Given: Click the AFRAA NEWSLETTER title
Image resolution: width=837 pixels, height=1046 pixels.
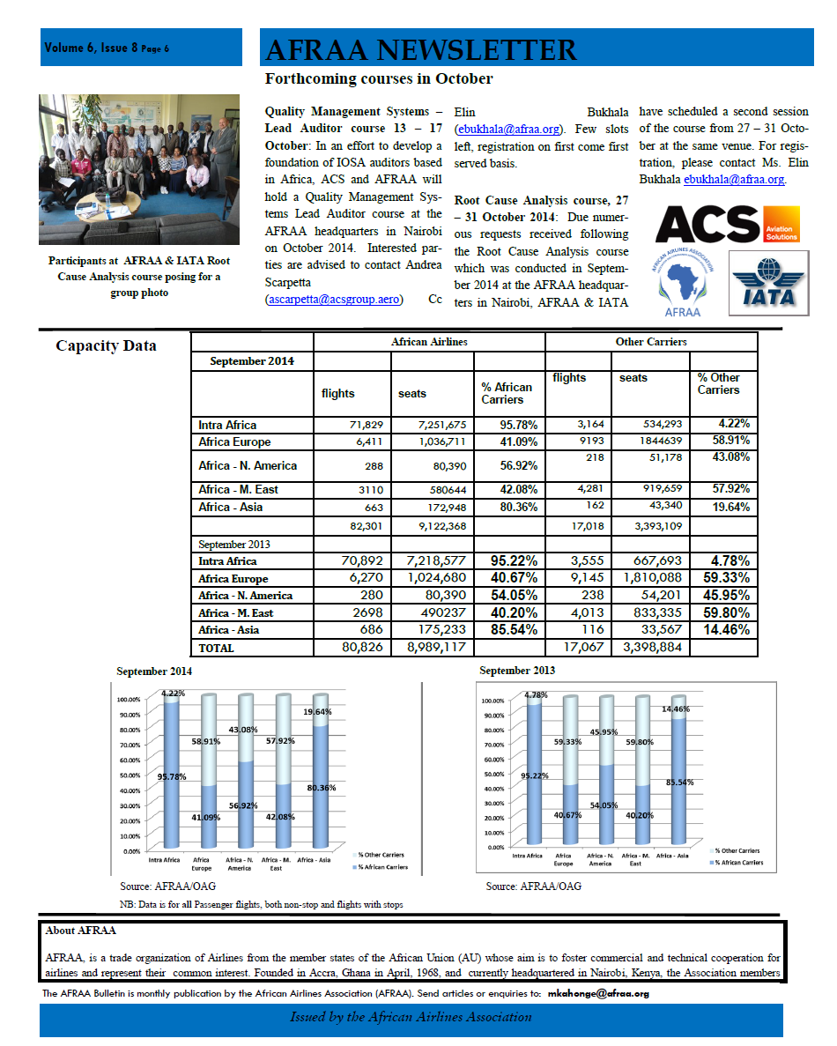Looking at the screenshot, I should tap(421, 49).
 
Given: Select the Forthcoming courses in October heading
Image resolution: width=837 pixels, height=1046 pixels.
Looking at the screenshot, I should tap(379, 79).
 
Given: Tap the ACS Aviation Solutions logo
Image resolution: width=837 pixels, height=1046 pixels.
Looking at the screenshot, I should tap(727, 225).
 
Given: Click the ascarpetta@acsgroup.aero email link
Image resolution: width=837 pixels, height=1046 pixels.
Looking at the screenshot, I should tap(334, 300).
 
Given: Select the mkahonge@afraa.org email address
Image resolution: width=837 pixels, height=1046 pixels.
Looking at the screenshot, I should tap(598, 993).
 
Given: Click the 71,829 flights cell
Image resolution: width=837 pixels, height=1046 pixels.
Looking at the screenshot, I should tap(352, 426).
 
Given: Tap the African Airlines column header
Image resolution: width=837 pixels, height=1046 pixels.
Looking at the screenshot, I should tap(429, 342).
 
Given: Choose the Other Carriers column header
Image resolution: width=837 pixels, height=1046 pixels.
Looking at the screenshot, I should tap(651, 342).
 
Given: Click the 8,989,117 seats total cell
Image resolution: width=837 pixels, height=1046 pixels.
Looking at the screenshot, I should tap(433, 648).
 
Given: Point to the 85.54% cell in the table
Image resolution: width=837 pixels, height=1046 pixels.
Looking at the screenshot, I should tap(508, 630).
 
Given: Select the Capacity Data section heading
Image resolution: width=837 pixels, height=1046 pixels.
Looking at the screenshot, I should tap(106, 345).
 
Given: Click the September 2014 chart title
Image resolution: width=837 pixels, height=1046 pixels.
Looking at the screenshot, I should tap(154, 671).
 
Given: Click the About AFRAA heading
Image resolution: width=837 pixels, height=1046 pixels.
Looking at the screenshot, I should tap(80, 931).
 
